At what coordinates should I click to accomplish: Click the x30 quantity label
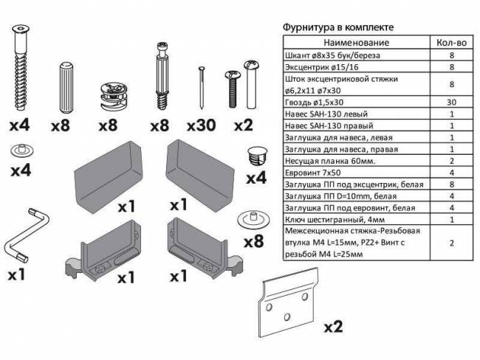[x=200, y=126]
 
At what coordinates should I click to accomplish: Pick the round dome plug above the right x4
[x=256, y=156]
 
